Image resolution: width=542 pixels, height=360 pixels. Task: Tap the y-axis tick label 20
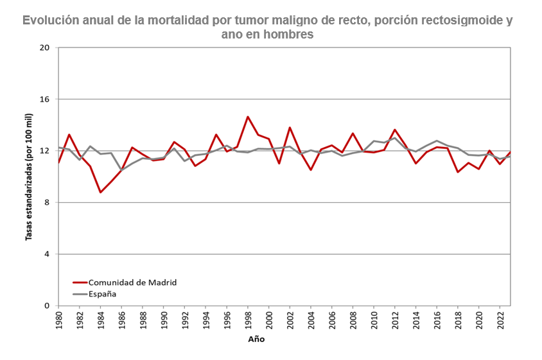pos(45,48)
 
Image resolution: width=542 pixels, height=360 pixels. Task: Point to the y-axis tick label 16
pos(45,99)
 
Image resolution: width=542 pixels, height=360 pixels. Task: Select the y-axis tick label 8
pos(47,203)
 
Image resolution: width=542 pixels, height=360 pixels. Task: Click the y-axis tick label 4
pos(47,254)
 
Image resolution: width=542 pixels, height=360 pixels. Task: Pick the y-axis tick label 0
pos(47,306)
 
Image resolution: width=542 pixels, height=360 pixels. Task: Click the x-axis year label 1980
pos(58,320)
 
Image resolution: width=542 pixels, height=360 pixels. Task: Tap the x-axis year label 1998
pos(247,320)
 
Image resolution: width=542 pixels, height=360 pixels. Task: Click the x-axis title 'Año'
pos(256,339)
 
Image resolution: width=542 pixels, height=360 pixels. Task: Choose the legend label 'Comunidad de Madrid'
pos(132,282)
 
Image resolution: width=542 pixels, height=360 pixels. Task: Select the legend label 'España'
pos(102,294)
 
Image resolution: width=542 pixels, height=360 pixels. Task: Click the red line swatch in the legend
pos(80,282)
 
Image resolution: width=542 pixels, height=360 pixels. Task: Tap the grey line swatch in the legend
pos(80,294)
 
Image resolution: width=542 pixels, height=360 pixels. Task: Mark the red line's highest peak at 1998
pos(247,117)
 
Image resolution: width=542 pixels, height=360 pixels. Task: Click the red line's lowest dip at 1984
pos(100,192)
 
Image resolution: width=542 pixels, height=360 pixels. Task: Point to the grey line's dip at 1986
pos(121,170)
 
